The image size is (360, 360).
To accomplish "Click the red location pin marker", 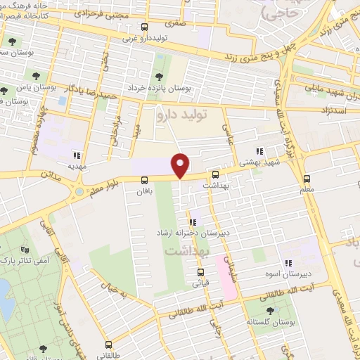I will tap(181, 165).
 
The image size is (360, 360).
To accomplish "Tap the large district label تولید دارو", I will tap(184, 113).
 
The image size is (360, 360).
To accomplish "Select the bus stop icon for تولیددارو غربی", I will tap(144, 27).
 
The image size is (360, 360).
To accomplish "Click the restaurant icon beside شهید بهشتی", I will tap(260, 150).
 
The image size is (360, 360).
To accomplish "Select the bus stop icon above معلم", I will tap(307, 179).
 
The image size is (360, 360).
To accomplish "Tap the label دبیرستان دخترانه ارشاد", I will tap(192, 233).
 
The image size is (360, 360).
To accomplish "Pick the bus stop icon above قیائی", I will tap(200, 273).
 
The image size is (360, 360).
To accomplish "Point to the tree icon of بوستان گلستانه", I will tap(271, 309).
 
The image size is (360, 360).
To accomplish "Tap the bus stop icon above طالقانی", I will tap(108, 345).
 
